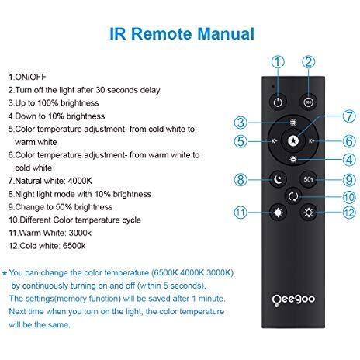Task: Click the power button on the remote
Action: (278, 102)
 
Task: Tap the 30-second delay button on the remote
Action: (308, 102)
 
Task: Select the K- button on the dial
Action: (274, 141)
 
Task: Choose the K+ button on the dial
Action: (311, 141)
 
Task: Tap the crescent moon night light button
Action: (278, 179)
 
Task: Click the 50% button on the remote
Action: (309, 179)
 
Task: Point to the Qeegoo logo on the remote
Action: (293, 299)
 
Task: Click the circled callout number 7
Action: (349, 116)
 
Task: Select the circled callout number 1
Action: (278, 62)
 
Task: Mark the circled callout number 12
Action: (349, 213)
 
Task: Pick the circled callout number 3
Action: (241, 123)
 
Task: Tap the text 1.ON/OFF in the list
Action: (27, 77)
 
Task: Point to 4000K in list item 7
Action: (80, 181)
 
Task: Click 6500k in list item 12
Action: (74, 246)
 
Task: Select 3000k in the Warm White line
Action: (80, 233)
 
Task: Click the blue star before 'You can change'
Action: (5, 273)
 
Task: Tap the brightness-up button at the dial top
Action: (293, 123)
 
